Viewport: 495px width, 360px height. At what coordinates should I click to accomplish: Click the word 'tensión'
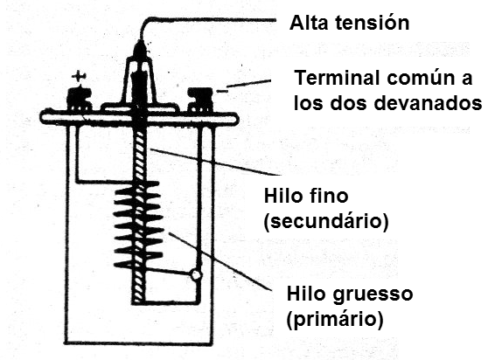(x=370, y=20)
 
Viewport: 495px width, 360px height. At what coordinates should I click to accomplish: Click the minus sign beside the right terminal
(x=224, y=88)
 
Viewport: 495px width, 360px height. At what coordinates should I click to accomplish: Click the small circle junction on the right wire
(x=196, y=275)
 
